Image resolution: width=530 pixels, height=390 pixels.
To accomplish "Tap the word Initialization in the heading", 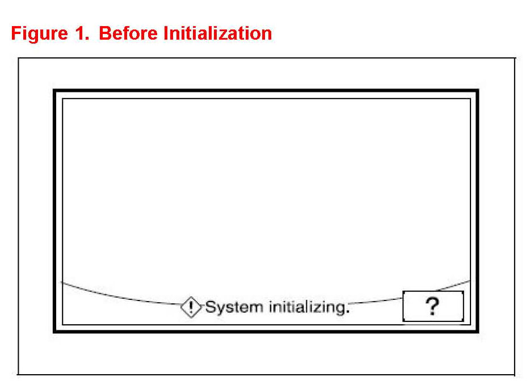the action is pyautogui.click(x=218, y=33).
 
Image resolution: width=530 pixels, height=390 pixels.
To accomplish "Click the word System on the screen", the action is pyautogui.click(x=234, y=308).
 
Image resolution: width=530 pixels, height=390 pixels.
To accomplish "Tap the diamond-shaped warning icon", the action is pyautogui.click(x=191, y=307).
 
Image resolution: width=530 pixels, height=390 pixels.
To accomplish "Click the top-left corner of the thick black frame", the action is pyautogui.click(x=54, y=91).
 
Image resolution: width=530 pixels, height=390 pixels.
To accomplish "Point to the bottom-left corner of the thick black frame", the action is pyautogui.click(x=54, y=332).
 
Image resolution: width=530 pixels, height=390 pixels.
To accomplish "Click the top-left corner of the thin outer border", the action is pyautogui.click(x=18, y=58).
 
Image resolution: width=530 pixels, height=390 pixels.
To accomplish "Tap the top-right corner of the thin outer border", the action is pyautogui.click(x=515, y=58).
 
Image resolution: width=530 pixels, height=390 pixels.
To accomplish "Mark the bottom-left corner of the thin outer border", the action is pyautogui.click(x=18, y=374).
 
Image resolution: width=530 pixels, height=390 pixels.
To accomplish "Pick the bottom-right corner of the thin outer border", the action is pyautogui.click(x=515, y=374).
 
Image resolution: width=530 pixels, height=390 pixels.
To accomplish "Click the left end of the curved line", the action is pyautogui.click(x=61, y=282).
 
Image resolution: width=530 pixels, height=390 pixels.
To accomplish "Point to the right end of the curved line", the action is pyautogui.click(x=470, y=281).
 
